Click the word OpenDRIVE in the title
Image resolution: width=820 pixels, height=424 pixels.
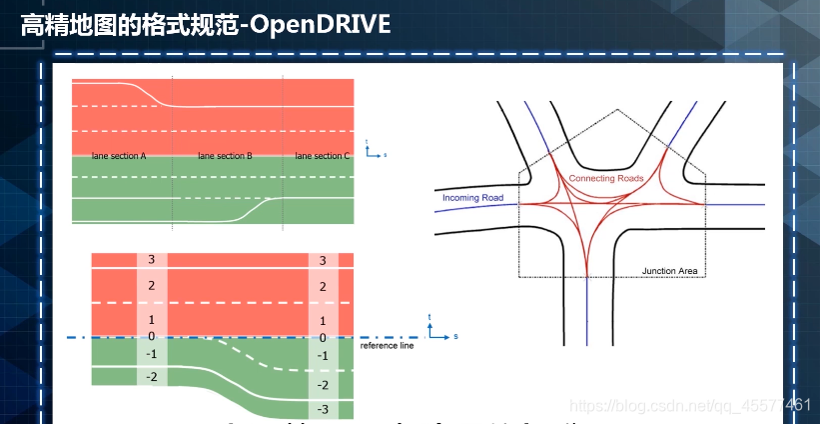[x=321, y=25]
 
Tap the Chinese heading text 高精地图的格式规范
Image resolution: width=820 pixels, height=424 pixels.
[x=130, y=25]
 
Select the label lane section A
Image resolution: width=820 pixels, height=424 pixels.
[x=118, y=156]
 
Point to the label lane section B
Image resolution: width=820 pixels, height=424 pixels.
[x=225, y=156]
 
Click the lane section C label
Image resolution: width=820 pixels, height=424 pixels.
[x=323, y=156]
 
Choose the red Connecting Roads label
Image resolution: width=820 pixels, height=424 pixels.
[x=606, y=178]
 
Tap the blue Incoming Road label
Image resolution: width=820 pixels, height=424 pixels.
[x=472, y=198]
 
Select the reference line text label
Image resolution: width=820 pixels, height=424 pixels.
[x=387, y=346]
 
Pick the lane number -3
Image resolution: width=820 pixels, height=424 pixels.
[x=322, y=410]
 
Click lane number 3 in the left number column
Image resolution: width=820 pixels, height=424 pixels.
[x=150, y=260]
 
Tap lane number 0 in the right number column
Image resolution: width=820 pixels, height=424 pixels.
[x=322, y=338]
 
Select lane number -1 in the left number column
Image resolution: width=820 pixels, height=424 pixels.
[x=150, y=354]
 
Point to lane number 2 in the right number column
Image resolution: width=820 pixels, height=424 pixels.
[x=322, y=287]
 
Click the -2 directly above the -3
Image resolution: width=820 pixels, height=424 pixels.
[x=322, y=385]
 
